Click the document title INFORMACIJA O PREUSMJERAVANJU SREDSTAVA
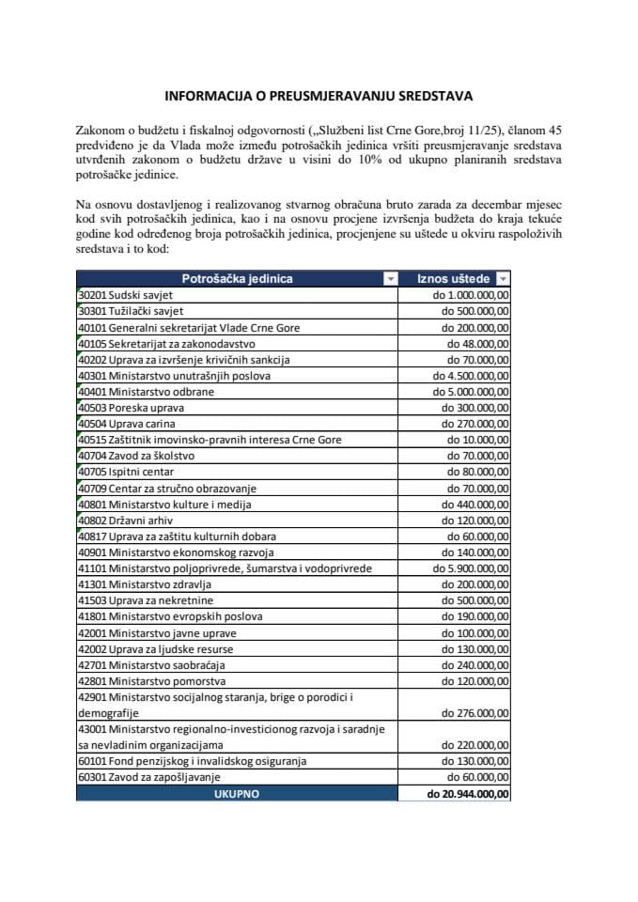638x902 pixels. [319, 96]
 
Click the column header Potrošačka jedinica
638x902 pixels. [237, 278]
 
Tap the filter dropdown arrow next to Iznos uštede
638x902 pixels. [503, 279]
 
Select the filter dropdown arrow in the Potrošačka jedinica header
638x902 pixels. [389, 279]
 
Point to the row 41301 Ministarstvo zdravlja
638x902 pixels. [151, 583]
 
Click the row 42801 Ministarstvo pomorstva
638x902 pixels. [154, 680]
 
